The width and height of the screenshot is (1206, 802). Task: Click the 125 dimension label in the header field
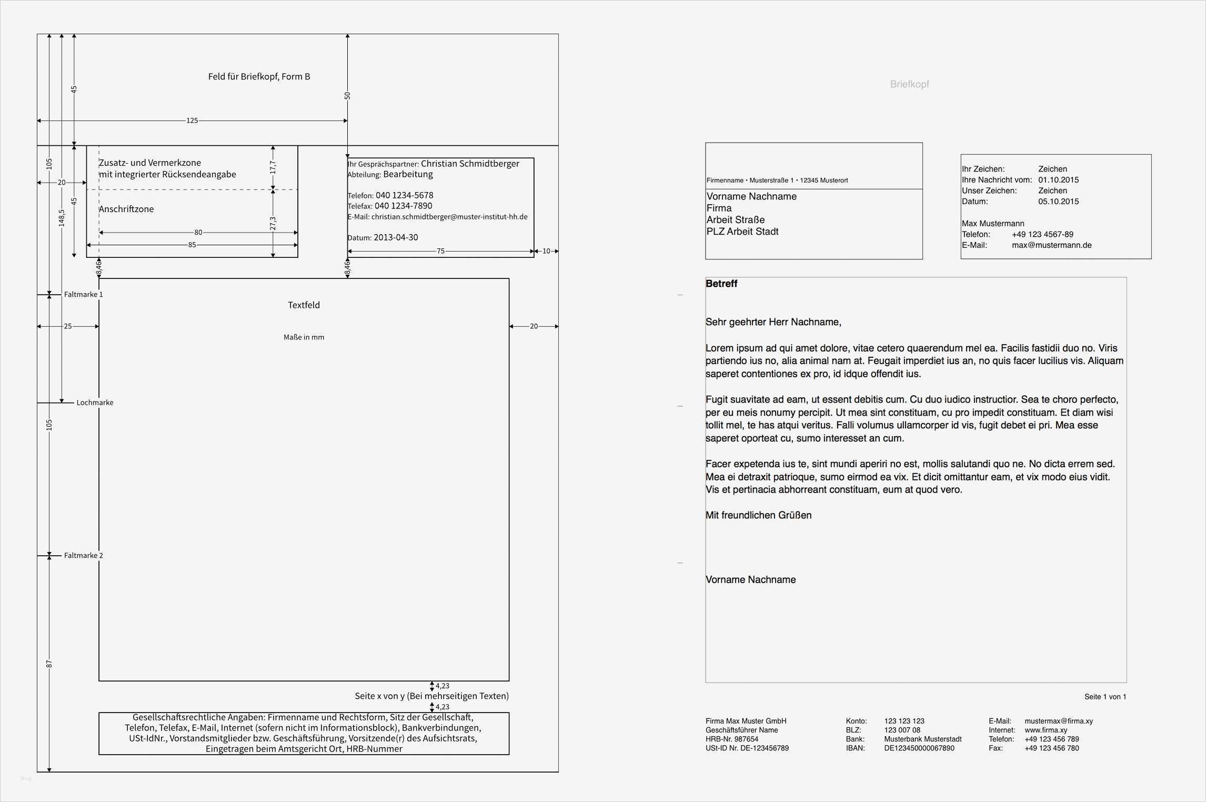pos(192,121)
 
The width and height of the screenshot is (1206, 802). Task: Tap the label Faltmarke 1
pos(83,294)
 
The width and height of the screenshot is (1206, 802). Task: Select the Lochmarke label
pos(95,403)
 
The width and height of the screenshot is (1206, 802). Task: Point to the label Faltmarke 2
pos(83,555)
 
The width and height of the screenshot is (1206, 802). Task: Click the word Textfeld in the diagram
pos(304,305)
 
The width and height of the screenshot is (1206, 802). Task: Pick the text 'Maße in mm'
pos(304,337)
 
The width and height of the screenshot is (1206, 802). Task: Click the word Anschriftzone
pos(126,209)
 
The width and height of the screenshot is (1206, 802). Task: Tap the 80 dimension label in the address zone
pos(198,232)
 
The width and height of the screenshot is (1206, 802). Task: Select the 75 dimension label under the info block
pos(440,251)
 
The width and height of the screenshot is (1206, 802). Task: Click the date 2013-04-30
pos(396,237)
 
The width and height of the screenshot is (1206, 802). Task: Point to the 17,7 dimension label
pos(273,167)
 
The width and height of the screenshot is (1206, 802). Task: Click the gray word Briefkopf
pos(909,84)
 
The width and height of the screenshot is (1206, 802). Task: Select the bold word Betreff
pos(721,284)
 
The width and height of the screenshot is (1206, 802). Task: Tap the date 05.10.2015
pos(1058,202)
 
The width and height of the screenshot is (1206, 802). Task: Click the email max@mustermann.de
pos(1051,245)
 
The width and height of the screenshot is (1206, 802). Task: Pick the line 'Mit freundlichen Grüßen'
pos(758,515)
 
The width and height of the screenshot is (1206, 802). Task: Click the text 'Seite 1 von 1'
pos(1105,697)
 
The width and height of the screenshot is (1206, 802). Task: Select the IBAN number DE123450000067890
pos(919,748)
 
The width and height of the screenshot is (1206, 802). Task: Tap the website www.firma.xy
pos(1046,730)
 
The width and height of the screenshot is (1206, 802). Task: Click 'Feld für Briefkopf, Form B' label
pos(259,77)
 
